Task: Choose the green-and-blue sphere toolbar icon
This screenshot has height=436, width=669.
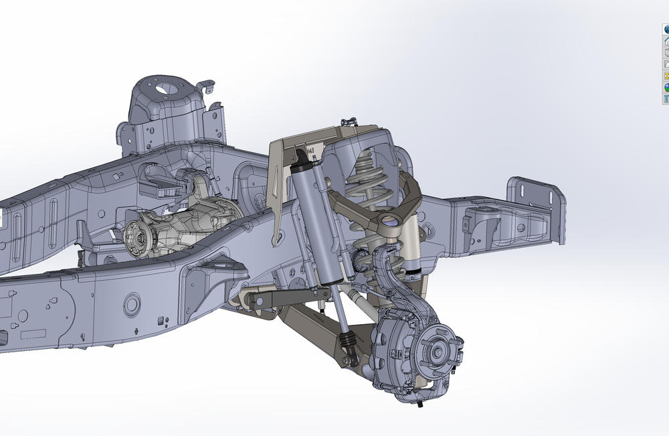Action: coord(666,88)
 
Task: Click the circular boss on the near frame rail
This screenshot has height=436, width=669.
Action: coord(132,305)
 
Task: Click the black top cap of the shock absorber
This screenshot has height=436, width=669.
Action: coord(302,158)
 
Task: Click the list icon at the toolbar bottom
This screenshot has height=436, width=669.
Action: coord(666,99)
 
